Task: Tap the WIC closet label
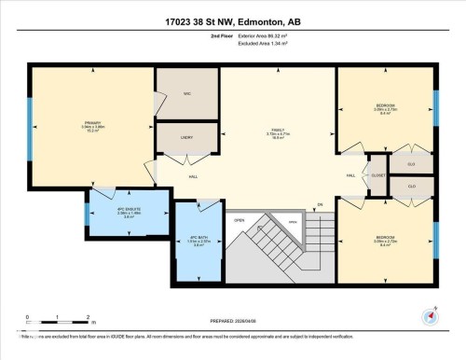[186, 94]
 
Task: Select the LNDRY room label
[186, 137]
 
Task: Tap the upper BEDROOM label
[386, 105]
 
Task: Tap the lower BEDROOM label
[386, 238]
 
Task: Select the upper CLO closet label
[410, 164]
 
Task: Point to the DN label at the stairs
[319, 204]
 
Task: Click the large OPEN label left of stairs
[240, 221]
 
